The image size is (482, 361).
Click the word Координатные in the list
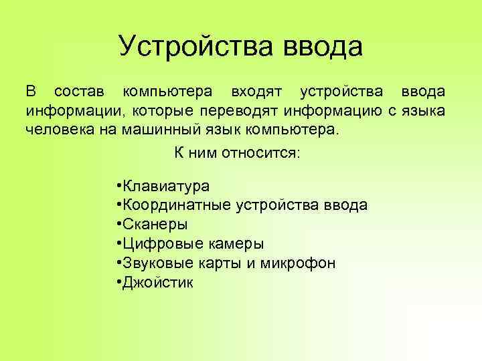click(x=176, y=205)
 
